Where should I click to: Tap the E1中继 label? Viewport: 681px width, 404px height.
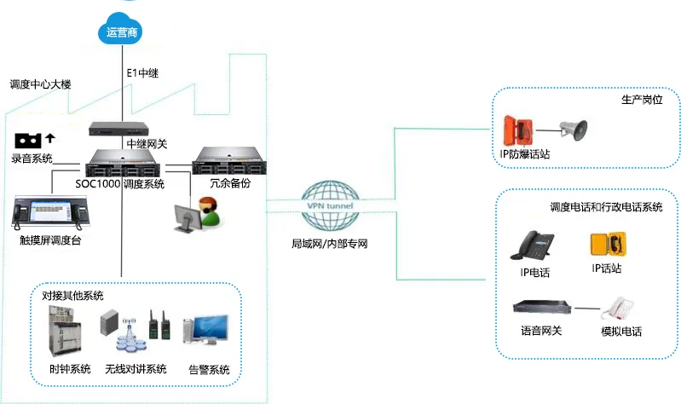click(x=142, y=72)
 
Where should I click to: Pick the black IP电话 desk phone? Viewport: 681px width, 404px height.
click(x=534, y=245)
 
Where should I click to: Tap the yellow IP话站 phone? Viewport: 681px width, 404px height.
click(x=605, y=245)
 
